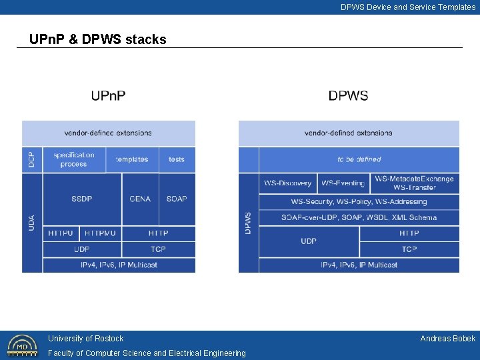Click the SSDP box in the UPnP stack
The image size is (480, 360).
pyautogui.click(x=82, y=199)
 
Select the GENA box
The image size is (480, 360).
pyautogui.click(x=140, y=199)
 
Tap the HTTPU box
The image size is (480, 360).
pyautogui.click(x=61, y=233)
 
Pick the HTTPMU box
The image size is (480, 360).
pyautogui.click(x=100, y=233)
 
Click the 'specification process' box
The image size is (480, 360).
pyautogui.click(x=74, y=159)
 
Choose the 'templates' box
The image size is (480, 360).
pyautogui.click(x=132, y=159)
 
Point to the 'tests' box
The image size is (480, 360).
pyautogui.click(x=177, y=159)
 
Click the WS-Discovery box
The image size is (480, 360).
pyautogui.click(x=287, y=183)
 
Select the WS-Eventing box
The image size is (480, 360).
pyautogui.click(x=343, y=183)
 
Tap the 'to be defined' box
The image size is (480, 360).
pyautogui.click(x=359, y=159)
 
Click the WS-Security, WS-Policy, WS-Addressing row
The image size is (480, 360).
pyautogui.click(x=359, y=201)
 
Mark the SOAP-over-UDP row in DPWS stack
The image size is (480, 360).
pyautogui.click(x=359, y=217)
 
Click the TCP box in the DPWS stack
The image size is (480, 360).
pyautogui.click(x=409, y=249)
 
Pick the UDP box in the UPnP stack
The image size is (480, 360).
pyautogui.click(x=82, y=249)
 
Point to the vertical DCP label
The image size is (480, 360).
pyautogui.click(x=32, y=159)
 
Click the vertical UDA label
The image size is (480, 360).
pyautogui.click(x=32, y=222)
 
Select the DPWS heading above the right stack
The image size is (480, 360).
pyautogui.click(x=348, y=96)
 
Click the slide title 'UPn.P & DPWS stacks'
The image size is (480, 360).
pyautogui.click(x=98, y=39)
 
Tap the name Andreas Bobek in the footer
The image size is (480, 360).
pyautogui.click(x=447, y=339)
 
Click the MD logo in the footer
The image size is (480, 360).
pyautogui.click(x=22, y=345)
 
